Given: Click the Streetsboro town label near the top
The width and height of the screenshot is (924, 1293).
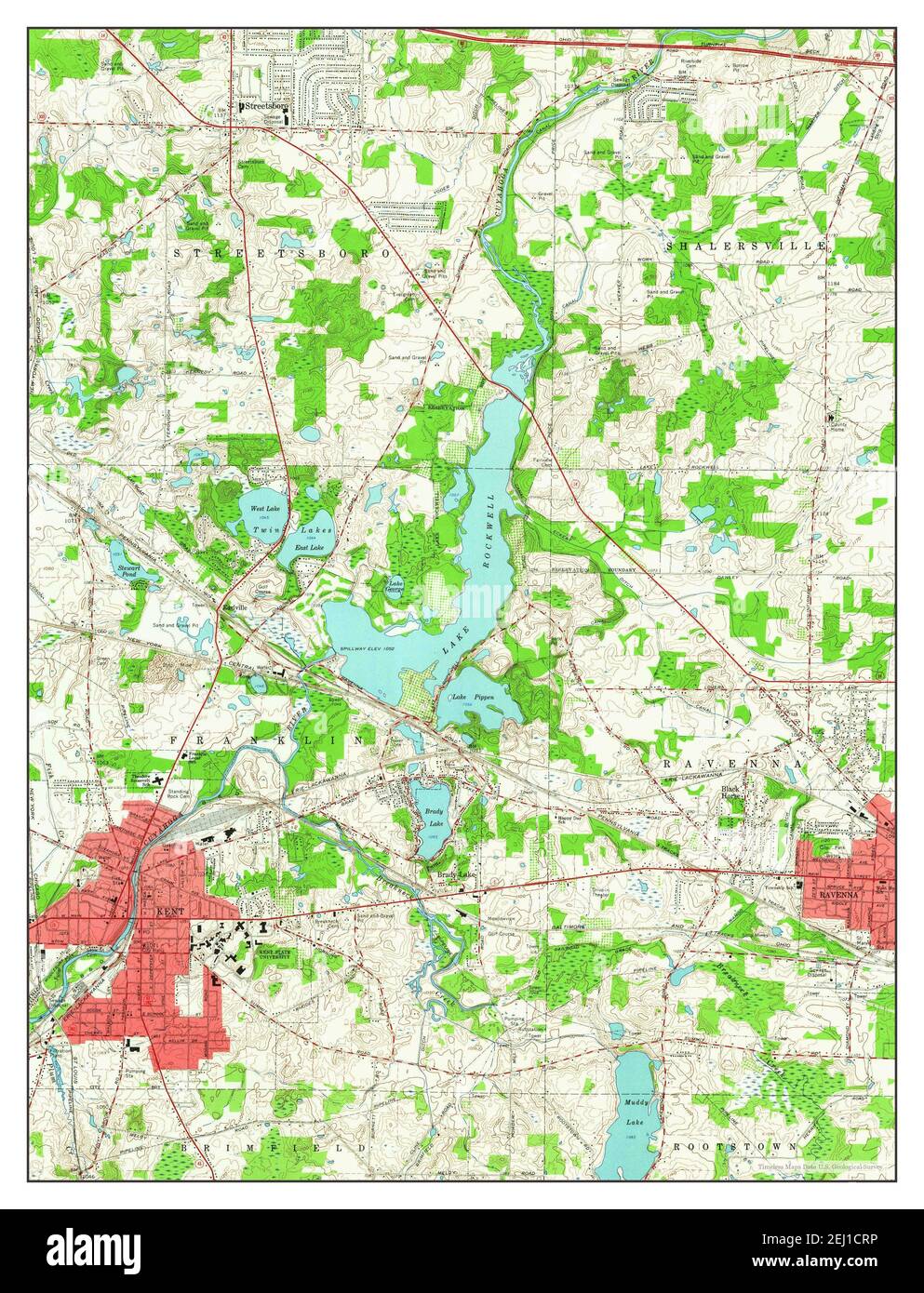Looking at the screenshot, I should click(x=268, y=108).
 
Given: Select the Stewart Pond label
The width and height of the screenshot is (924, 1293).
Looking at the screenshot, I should click(x=127, y=570).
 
